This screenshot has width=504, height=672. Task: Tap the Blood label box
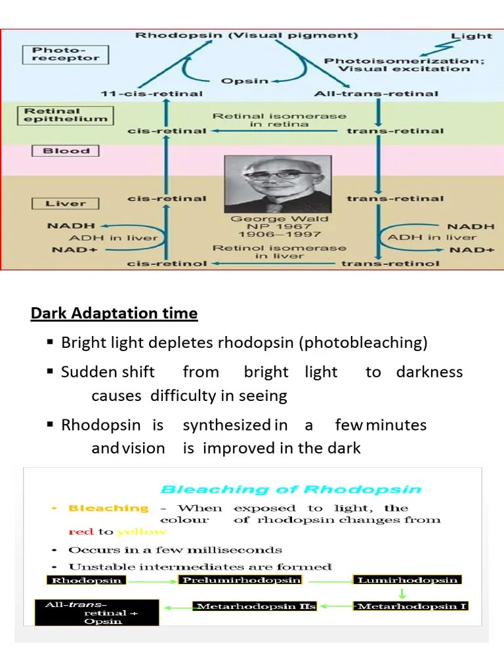point(66,151)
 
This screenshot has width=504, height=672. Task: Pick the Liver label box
point(66,203)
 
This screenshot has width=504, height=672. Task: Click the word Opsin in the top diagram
point(243,81)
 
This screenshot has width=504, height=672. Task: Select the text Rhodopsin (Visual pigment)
point(247,35)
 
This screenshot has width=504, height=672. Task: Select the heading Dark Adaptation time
point(114,314)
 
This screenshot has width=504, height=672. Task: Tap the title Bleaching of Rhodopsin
point(291,490)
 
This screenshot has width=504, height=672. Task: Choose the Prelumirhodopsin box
point(241,580)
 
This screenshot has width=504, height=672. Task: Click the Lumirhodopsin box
point(407,580)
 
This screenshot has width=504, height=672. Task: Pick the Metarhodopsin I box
point(412,606)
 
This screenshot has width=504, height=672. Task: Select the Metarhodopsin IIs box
point(255,606)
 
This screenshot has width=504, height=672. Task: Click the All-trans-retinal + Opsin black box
point(96,612)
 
